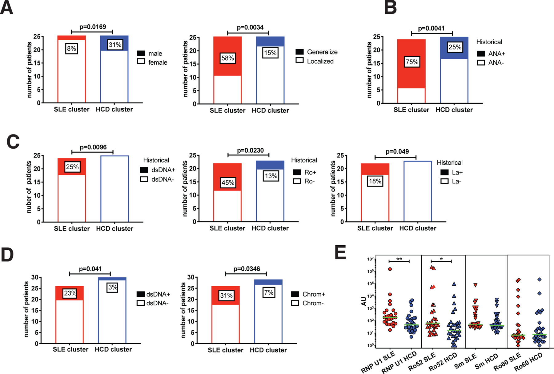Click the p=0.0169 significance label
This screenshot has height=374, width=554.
(93, 27)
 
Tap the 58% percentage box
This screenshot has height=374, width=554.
(228, 58)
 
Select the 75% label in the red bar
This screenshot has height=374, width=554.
(412, 62)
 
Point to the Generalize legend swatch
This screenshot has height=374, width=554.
(299, 52)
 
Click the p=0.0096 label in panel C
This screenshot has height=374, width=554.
(93, 147)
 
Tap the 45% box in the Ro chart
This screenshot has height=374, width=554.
(228, 183)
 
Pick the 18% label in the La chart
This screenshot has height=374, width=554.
(375, 181)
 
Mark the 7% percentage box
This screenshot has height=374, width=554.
(269, 292)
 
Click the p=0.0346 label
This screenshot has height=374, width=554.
(247, 269)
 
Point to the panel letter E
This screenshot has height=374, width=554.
(340, 253)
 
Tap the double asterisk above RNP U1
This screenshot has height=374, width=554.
(399, 259)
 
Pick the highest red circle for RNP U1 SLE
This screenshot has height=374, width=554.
(390, 269)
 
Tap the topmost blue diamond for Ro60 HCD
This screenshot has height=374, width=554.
(539, 279)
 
